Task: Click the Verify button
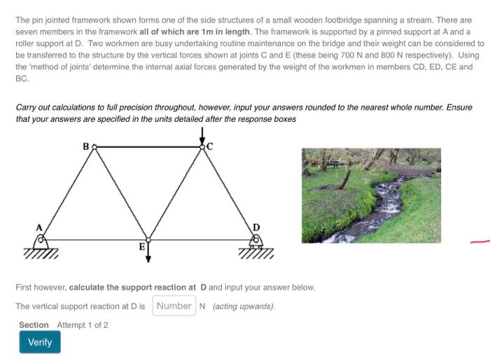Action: tap(40, 342)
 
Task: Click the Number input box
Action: tap(174, 306)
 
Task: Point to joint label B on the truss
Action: tap(86, 147)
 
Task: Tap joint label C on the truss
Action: tap(209, 146)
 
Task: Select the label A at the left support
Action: tap(40, 228)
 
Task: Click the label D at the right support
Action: tap(256, 228)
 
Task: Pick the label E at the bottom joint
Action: tap(141, 247)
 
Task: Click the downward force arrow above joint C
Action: tap(202, 134)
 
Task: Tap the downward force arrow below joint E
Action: tap(148, 253)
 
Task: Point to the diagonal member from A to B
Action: tap(68, 193)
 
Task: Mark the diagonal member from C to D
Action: tap(229, 193)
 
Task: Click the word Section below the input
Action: tap(34, 325)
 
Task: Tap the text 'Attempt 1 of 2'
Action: tap(83, 325)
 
